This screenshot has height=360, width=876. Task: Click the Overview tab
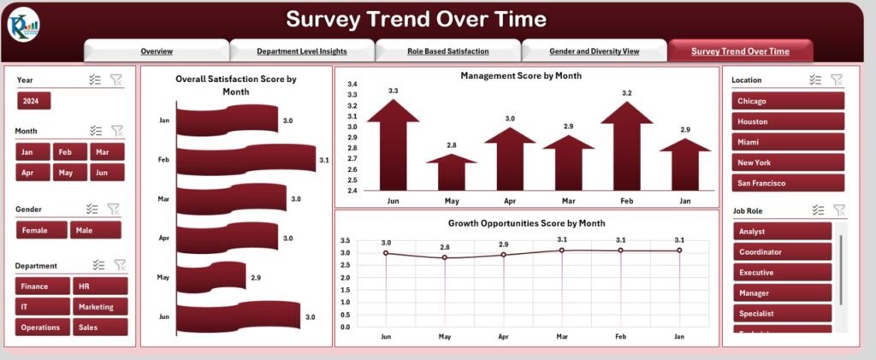(157, 51)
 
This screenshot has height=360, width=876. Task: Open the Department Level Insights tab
(302, 51)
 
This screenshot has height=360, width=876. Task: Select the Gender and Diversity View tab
(595, 51)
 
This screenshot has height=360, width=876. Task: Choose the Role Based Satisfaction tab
(448, 51)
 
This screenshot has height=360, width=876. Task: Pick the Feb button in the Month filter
(64, 151)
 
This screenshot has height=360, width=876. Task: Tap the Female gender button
(35, 230)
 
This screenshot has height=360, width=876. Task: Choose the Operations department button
(41, 327)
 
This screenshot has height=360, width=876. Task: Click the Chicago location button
(788, 101)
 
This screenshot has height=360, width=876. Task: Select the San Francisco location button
(788, 183)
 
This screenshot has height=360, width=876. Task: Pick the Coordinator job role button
(782, 251)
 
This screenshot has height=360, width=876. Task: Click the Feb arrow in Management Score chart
(626, 145)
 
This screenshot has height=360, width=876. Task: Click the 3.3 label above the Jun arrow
(393, 91)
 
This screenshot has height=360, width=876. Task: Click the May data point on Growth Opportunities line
(444, 257)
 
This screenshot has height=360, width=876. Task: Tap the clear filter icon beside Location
(837, 80)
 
